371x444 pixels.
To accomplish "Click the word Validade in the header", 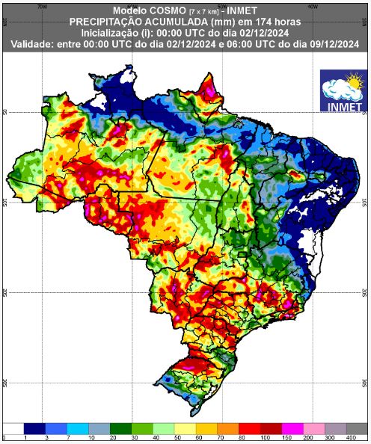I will pos(34,46).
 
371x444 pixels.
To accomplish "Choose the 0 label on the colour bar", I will pos(4,437).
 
